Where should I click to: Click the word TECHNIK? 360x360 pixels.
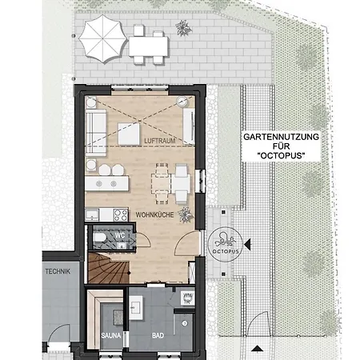pyautogui.click(x=59, y=272)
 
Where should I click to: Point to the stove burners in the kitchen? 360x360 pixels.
pyautogui.click(x=119, y=214)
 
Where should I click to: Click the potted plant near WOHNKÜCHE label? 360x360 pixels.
pyautogui.click(x=186, y=214)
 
